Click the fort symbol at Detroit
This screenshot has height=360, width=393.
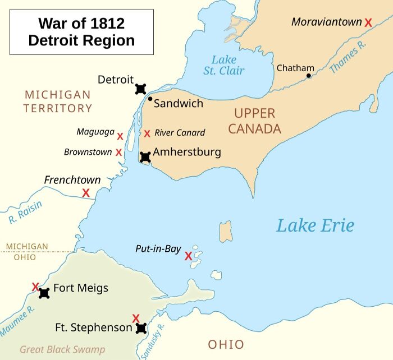(x=140, y=89)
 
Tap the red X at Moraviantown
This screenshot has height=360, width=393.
(x=368, y=22)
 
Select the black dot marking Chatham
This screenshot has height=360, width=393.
(x=308, y=75)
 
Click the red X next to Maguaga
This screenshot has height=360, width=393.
(x=120, y=136)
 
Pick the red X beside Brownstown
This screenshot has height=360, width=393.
(x=118, y=152)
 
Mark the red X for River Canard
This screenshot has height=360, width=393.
(x=147, y=133)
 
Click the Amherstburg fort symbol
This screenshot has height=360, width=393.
(x=145, y=157)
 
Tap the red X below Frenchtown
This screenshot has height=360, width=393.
(x=86, y=193)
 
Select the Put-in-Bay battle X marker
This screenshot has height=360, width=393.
(x=189, y=256)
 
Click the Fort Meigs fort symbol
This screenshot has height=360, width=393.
(x=44, y=293)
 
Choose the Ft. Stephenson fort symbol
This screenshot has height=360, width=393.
(x=141, y=328)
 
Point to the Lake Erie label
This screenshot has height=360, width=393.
(x=315, y=225)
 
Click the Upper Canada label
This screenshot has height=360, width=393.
(x=254, y=121)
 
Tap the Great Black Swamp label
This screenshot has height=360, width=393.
(x=54, y=349)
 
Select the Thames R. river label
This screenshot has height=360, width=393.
(x=348, y=58)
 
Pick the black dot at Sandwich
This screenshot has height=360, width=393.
(x=150, y=99)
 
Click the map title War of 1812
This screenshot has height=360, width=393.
(x=81, y=32)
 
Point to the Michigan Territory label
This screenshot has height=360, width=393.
(x=57, y=101)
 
